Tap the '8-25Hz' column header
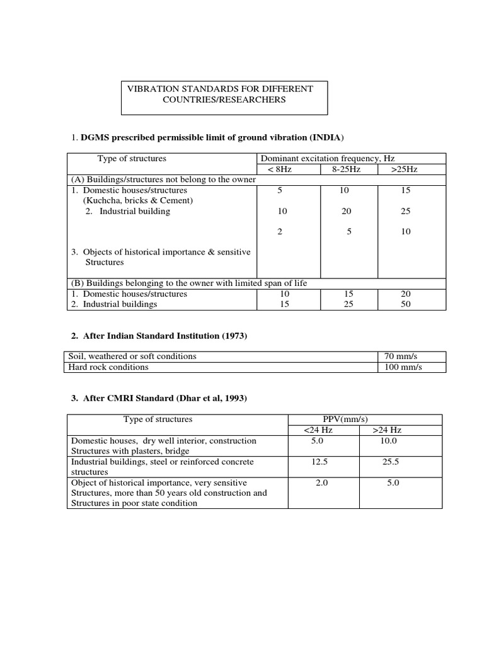pyautogui.click(x=346, y=169)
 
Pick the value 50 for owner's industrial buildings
pyautogui.click(x=405, y=304)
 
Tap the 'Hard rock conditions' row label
pyautogui.click(x=109, y=367)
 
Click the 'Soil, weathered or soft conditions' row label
pyautogui.click(x=133, y=357)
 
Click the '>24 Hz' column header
pyautogui.click(x=386, y=430)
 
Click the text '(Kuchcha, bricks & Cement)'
pyautogui.click(x=139, y=200)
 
